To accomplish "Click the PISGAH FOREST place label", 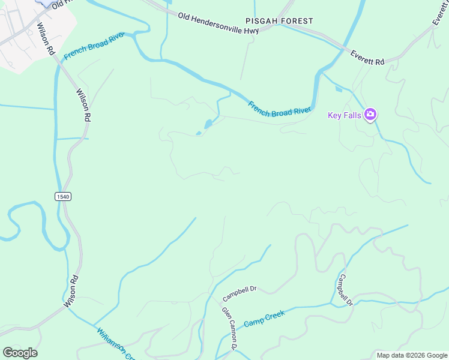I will pos(279,21).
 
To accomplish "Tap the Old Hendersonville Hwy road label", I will pos(218,23).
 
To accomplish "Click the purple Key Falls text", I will pos(344,115).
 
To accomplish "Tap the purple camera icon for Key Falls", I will pos(370,114).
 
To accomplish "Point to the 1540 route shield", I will pos(63,196).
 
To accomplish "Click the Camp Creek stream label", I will pos(264,319).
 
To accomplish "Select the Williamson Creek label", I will pos(115,343).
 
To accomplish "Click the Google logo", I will pos(20,353).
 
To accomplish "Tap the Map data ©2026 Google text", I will pos(412,355).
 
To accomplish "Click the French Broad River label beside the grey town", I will pos(94,45).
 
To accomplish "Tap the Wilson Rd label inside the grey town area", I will pos(44,37).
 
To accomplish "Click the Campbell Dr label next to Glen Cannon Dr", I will pos(240,293).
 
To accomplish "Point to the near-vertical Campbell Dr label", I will pos(345,290).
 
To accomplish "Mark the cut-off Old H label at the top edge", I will pos(61,4).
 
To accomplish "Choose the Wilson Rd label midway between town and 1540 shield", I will pos(83,106).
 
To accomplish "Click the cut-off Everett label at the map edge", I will pos(440,13).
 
